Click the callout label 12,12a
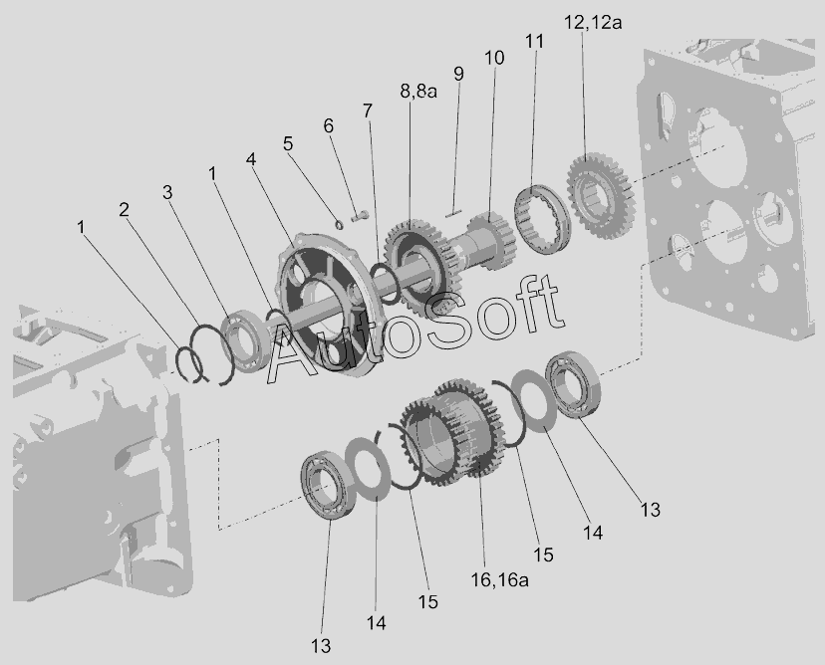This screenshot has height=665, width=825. [x=593, y=23]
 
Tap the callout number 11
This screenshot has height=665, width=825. [x=535, y=41]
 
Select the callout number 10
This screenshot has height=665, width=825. [x=494, y=58]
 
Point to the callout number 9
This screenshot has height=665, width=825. [x=458, y=74]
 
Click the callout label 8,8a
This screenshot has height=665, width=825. [x=418, y=91]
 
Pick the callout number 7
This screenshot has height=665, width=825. [x=368, y=111]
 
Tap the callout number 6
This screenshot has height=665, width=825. [x=329, y=125]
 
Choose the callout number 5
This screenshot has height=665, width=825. [x=288, y=143]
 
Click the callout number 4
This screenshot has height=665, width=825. [x=251, y=158]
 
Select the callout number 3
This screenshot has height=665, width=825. [x=167, y=192]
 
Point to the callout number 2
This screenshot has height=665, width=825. [x=124, y=210]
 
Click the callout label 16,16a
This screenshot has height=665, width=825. [x=500, y=579]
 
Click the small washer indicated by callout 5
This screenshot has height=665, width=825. [x=340, y=224]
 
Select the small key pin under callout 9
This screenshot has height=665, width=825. [x=453, y=213]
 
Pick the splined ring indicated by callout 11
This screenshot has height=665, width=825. [x=542, y=219]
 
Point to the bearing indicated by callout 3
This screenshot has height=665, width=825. [x=245, y=341]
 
